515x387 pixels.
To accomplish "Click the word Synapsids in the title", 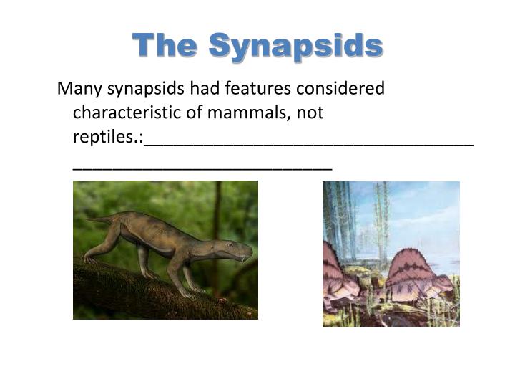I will click(296, 47).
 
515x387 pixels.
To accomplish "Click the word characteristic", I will click(135, 113).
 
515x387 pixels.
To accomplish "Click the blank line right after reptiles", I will click(308, 144).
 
